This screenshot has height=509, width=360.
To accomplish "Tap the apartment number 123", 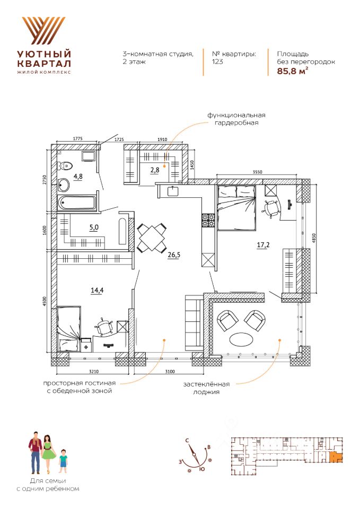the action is (217, 62).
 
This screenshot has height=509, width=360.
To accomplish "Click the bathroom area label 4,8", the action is (78, 176).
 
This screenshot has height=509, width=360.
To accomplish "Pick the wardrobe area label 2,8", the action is (154, 170).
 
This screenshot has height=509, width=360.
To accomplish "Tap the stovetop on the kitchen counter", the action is (207, 220).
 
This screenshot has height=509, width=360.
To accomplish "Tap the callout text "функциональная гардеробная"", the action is (236, 119).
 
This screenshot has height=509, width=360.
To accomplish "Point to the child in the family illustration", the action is (64, 460).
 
